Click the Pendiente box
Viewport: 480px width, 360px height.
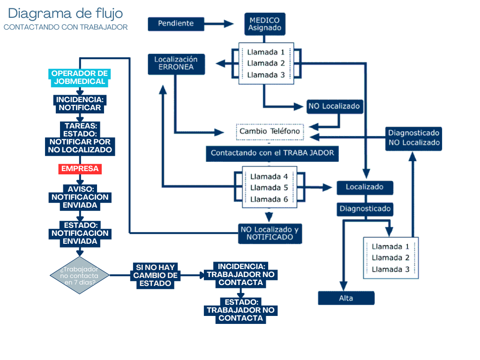pyautogui.click(x=176, y=23)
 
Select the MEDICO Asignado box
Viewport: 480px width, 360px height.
pyautogui.click(x=264, y=24)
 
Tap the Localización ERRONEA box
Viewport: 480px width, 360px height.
pyautogui.click(x=176, y=64)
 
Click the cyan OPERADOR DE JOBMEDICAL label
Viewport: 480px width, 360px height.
pyautogui.click(x=79, y=77)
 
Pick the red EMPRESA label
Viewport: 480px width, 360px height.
pyautogui.click(x=80, y=169)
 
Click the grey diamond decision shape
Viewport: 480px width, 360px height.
pyautogui.click(x=79, y=275)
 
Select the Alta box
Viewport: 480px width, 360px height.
pyautogui.click(x=346, y=298)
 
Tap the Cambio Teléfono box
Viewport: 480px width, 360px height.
pyautogui.click(x=270, y=131)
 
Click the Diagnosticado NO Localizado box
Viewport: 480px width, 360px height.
pyautogui.click(x=414, y=138)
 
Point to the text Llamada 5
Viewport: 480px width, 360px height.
pyautogui.click(x=269, y=187)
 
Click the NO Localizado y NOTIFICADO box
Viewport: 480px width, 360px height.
pyautogui.click(x=269, y=233)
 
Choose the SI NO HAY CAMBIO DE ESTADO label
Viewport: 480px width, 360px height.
pyautogui.click(x=155, y=276)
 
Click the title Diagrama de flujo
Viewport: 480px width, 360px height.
pyautogui.click(x=66, y=14)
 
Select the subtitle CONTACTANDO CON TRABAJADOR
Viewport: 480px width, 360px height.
pyautogui.click(x=66, y=27)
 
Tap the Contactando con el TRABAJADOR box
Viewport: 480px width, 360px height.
pyautogui.click(x=272, y=153)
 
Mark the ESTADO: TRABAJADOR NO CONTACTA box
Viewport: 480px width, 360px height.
pyautogui.click(x=240, y=310)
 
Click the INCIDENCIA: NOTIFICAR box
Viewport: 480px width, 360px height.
pyautogui.click(x=79, y=104)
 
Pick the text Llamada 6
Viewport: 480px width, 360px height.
pyautogui.click(x=269, y=199)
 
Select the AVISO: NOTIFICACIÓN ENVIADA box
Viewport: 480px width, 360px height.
pyautogui.click(x=80, y=197)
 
